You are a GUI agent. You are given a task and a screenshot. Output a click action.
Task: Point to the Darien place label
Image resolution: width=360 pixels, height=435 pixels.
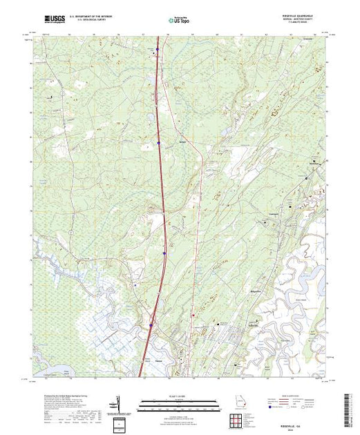tap(156, 360)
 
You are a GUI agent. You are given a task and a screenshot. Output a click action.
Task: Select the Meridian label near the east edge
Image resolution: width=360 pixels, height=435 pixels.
tap(319, 164)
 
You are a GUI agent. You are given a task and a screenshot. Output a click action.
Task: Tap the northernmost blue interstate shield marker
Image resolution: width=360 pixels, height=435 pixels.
tap(158, 49)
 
